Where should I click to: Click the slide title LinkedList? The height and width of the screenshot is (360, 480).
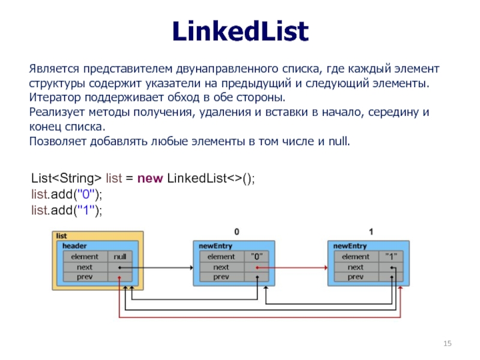239,31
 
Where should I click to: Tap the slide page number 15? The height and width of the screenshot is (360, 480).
447,343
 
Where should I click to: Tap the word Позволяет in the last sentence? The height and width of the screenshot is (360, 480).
58,142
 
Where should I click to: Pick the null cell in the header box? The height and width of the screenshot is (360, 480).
123,257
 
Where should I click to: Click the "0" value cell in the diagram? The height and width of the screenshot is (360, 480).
258,257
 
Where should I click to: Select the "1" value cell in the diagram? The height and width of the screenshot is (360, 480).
392,257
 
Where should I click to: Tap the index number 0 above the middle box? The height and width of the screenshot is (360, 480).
236,231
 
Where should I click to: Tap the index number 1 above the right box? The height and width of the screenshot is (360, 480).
371,231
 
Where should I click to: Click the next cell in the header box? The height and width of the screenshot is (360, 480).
85,267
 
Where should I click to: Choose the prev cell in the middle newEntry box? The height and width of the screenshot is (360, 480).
221,277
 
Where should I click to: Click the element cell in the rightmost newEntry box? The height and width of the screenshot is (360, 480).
355,257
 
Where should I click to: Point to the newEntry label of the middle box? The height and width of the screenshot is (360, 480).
215,246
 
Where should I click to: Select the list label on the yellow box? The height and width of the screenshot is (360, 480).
62,236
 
